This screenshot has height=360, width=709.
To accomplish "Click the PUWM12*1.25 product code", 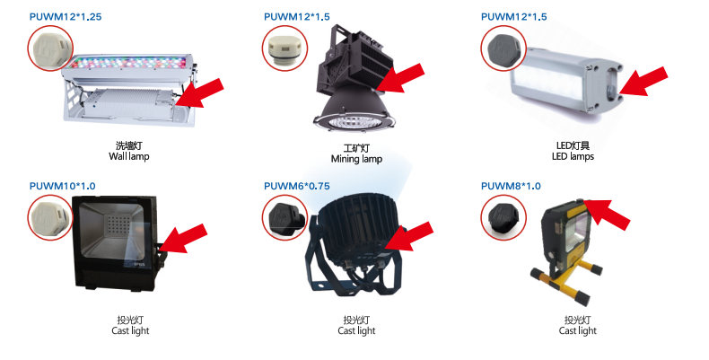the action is [x=66, y=17].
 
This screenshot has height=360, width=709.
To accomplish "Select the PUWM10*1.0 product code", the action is [x=63, y=186].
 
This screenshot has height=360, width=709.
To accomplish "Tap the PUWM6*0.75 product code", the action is [x=297, y=186].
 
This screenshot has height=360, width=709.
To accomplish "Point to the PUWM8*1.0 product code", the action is [x=511, y=186].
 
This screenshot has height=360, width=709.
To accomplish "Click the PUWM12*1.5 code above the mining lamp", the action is [x=297, y=17].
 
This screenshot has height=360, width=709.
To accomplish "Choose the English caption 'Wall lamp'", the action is [x=129, y=156].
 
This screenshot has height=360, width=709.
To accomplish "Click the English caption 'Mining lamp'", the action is [x=357, y=159].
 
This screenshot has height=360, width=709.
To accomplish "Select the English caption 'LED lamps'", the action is [x=573, y=156].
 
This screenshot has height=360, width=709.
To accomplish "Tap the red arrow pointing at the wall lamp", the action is [x=200, y=93].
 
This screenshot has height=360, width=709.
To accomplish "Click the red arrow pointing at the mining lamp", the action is [x=400, y=78].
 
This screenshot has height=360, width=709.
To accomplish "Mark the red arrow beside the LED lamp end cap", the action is [x=643, y=82].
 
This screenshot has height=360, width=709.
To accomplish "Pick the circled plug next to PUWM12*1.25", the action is [x=50, y=48].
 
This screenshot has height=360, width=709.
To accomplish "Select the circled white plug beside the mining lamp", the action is [x=284, y=48].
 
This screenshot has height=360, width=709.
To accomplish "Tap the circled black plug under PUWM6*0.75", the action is [x=284, y=217].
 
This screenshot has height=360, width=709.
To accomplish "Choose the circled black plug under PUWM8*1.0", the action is [x=503, y=217].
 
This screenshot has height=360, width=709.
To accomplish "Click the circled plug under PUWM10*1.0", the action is [x=50, y=217].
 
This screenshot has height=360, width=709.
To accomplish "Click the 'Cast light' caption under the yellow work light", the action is [x=577, y=331].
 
